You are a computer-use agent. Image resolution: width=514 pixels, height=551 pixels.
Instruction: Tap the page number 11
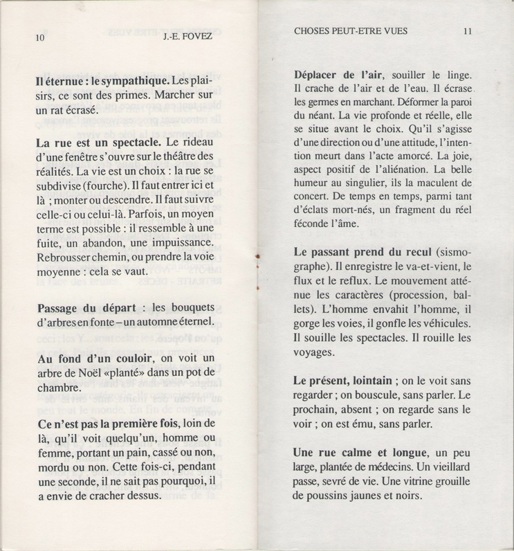468,31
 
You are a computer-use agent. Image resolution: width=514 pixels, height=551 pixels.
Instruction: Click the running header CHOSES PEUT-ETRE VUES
351,31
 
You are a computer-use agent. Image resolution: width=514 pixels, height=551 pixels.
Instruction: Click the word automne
159,320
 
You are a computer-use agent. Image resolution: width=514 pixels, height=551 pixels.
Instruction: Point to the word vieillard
447,467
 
